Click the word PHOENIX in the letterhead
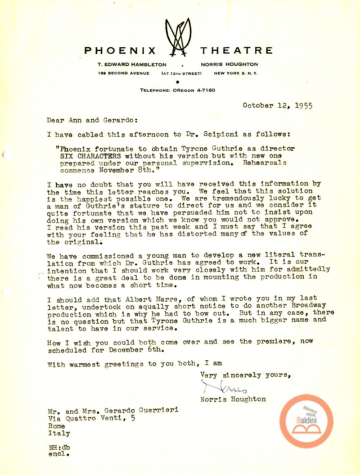coord(120,50)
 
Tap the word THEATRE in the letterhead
coord(237,50)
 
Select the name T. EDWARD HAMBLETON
coord(131,64)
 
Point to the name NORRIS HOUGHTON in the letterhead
coord(230,64)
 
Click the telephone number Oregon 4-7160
coord(178,90)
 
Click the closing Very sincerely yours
coord(245,373)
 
